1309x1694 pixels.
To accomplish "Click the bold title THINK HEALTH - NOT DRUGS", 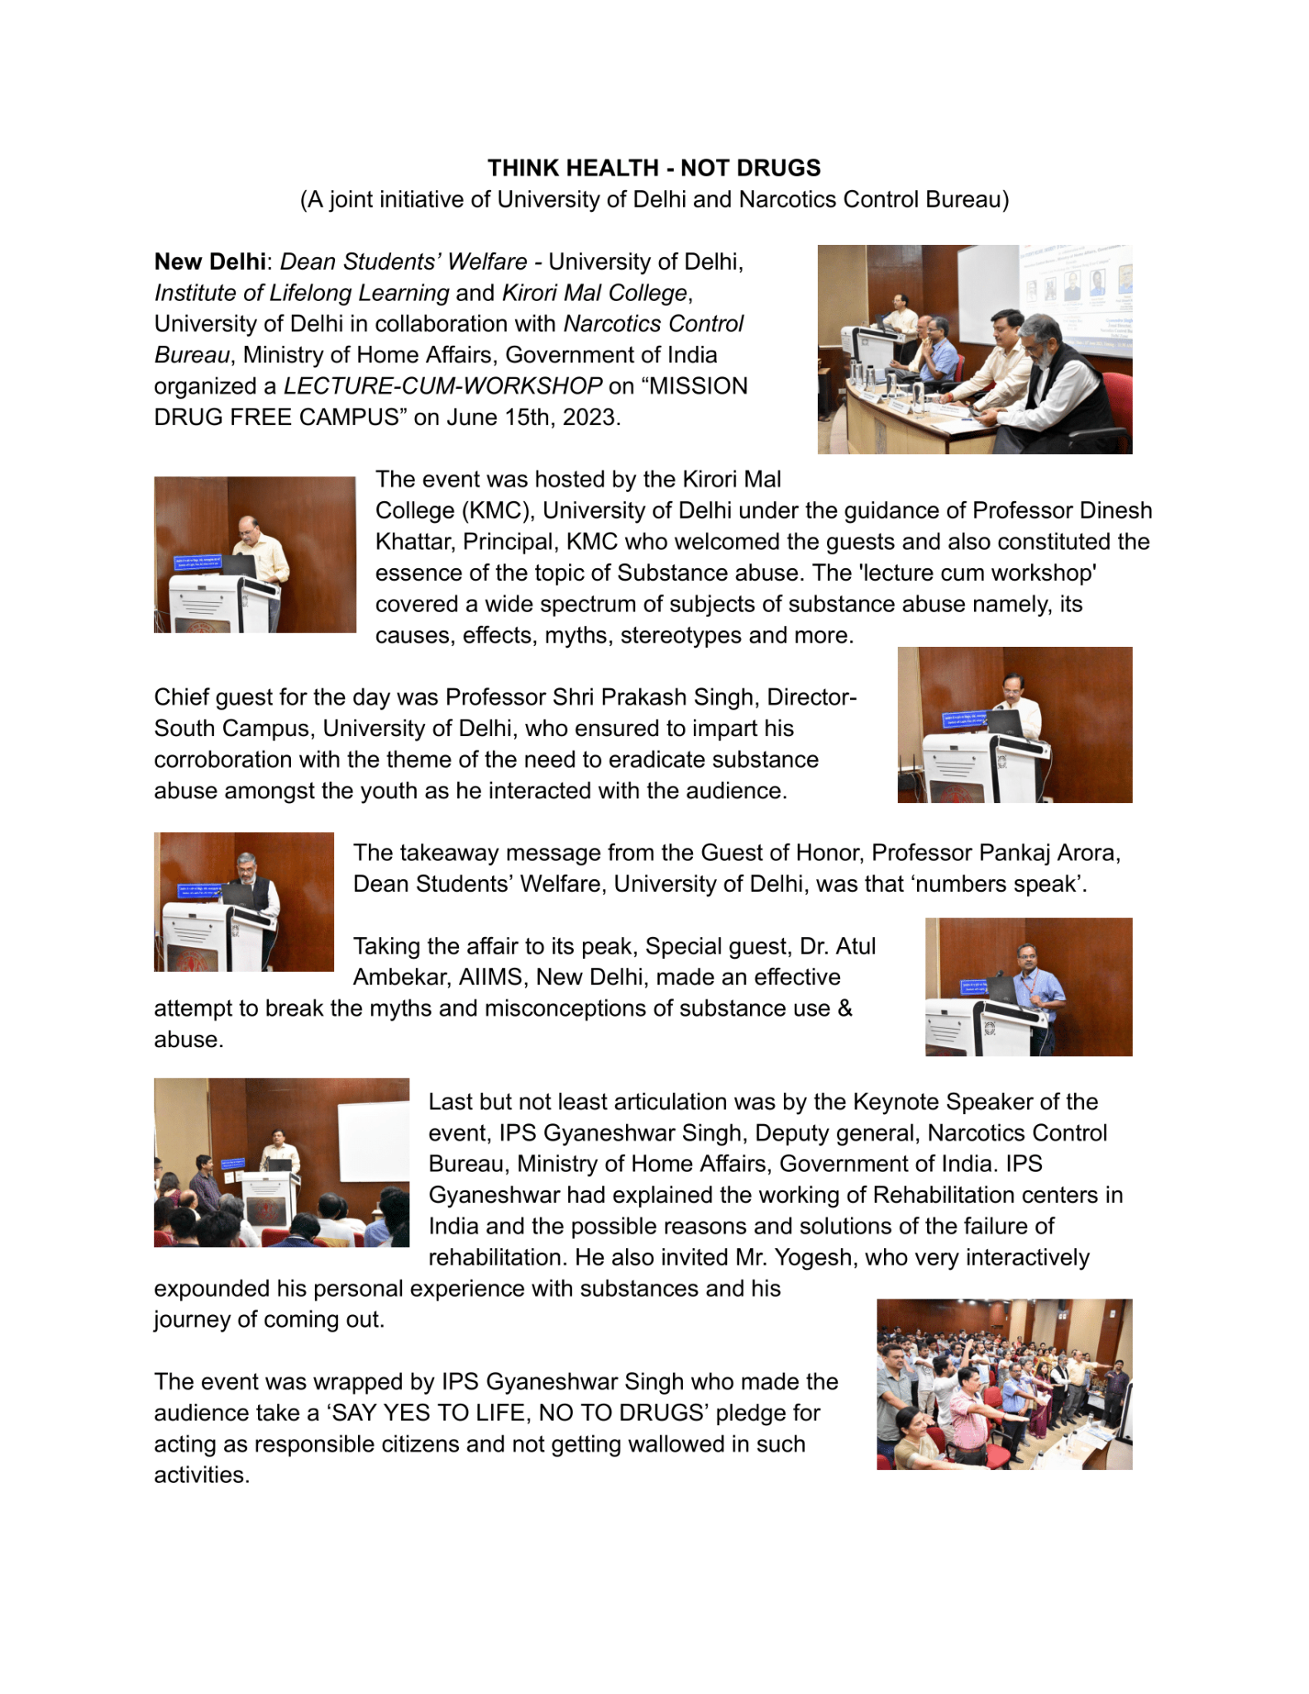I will click(x=653, y=168).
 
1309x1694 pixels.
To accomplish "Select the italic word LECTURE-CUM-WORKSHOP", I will click(x=442, y=386).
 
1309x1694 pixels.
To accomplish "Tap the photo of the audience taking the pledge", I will click(x=1004, y=1384).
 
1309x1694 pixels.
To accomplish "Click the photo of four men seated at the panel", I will click(x=974, y=349).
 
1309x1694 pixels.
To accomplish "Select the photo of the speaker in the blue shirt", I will click(x=1028, y=987).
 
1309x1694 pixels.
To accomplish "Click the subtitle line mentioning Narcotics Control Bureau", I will click(x=653, y=200).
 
